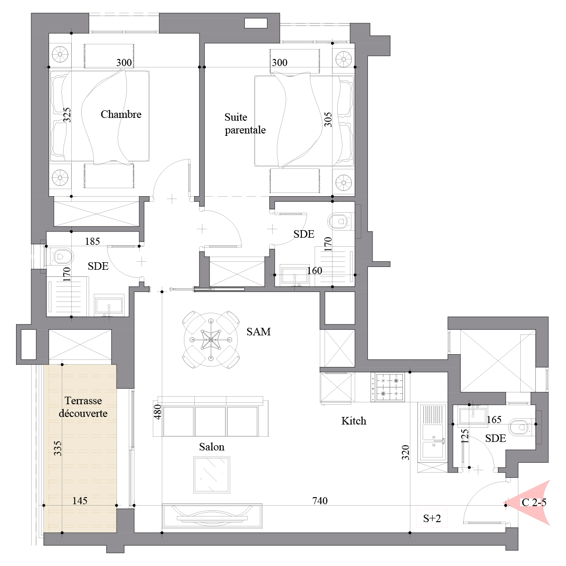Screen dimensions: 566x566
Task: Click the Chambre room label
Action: point(121,114)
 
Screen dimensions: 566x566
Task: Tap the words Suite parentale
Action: point(245,124)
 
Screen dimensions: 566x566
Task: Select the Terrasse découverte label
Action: point(83,407)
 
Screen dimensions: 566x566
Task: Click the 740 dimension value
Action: point(320,500)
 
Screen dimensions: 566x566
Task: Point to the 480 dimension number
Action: point(158,412)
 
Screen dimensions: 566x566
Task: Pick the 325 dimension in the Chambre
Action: point(67,115)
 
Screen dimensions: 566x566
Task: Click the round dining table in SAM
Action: point(211,340)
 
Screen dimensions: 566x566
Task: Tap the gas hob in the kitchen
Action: point(388,387)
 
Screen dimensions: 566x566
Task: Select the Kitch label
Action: point(354,421)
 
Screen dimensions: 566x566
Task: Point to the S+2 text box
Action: point(432,518)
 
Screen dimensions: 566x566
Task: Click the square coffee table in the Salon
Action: point(211,474)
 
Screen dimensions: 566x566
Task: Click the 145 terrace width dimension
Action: point(80,500)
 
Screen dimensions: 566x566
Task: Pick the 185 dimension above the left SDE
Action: point(92,241)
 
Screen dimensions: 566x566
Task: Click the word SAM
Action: point(258,332)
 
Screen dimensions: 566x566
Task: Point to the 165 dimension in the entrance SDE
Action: point(494,420)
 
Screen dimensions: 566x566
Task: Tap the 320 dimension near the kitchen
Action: point(405,453)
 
